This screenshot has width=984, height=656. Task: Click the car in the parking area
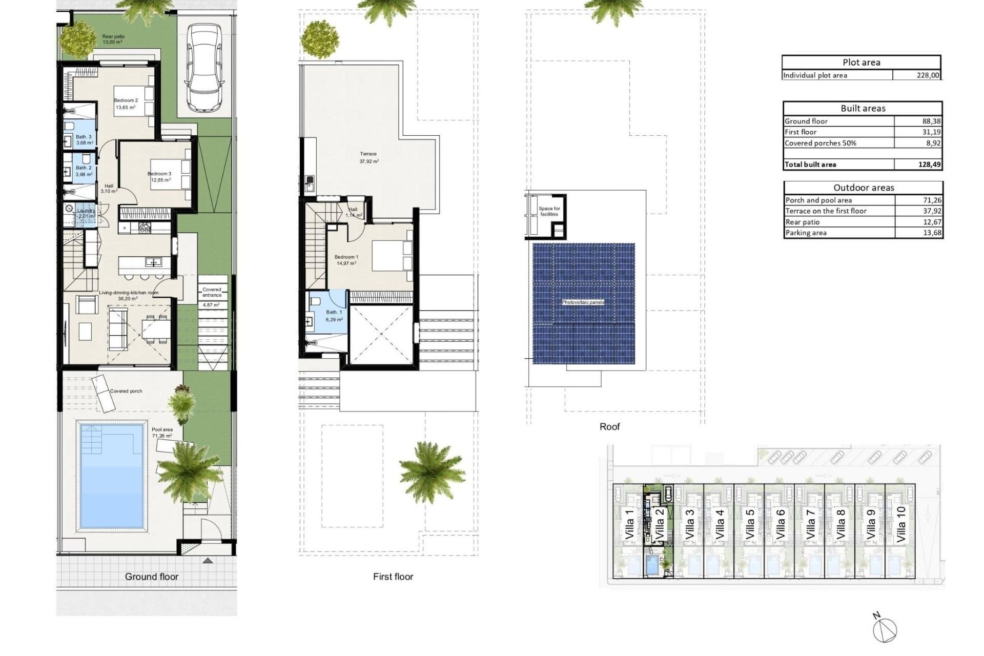(204, 68)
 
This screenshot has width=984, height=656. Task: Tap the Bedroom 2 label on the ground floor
(126, 101)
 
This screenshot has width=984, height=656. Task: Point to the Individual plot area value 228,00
(928, 75)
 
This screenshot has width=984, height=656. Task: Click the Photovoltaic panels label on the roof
(583, 302)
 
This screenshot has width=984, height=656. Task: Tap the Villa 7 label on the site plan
(810, 524)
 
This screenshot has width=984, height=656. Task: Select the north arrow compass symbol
(886, 629)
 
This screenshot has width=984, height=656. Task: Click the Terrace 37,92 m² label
(368, 157)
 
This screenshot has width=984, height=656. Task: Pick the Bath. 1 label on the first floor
(334, 312)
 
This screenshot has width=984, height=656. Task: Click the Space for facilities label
(549, 211)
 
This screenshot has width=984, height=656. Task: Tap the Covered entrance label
(212, 292)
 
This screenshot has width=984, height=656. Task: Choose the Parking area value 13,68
(931, 233)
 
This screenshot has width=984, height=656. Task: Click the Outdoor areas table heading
(863, 188)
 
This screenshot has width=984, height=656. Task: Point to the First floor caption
(393, 577)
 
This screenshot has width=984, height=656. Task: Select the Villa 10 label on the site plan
(901, 524)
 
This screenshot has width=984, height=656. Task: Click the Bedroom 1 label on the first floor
(346, 257)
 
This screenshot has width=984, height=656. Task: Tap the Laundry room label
(86, 211)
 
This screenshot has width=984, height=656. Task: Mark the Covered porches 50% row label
(820, 143)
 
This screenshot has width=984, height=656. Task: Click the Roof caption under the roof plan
(609, 426)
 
